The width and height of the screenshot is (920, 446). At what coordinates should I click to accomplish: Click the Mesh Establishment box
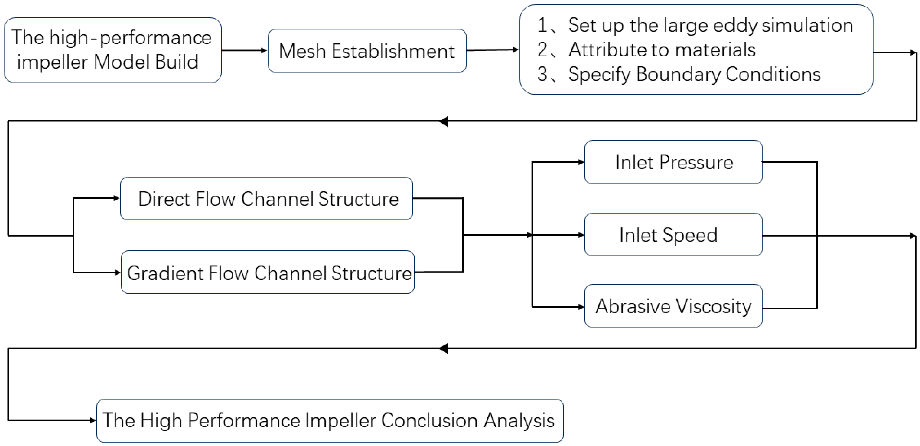pos(367,51)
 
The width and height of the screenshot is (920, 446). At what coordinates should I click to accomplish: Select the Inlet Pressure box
pos(673,162)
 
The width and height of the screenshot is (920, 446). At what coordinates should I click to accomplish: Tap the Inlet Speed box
pos(673,235)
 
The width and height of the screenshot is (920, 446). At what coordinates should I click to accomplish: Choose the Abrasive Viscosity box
pos(673,306)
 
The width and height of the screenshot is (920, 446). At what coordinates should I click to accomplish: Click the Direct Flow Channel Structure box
pos(266,199)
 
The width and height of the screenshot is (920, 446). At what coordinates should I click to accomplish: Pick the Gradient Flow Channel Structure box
pos(268,272)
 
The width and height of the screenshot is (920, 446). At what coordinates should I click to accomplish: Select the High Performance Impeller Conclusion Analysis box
pos(330,421)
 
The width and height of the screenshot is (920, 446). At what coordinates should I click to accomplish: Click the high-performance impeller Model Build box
pos(113,50)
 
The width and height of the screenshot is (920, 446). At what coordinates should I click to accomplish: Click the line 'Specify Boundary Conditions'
pos(694,74)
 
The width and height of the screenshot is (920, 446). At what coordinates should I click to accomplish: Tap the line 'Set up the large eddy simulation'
pos(710,25)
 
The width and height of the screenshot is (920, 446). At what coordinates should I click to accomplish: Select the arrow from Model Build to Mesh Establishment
pos(244,50)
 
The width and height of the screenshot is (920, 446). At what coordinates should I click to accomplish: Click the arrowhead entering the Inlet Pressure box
pos(581,162)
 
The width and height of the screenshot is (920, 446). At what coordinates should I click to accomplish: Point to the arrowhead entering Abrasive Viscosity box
pos(581,307)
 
